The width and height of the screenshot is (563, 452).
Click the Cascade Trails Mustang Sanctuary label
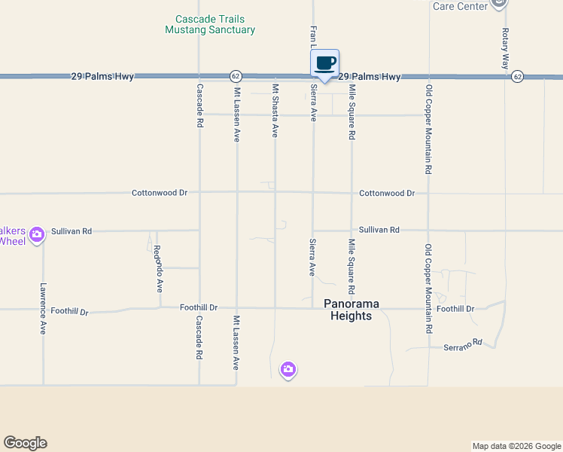tap(210, 24)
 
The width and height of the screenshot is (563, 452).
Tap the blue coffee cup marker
tap(324, 64)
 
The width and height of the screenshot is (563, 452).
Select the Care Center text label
tap(459, 6)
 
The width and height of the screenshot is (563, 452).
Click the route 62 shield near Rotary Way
tap(517, 76)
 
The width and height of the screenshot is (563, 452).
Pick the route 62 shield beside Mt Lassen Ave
tap(236, 76)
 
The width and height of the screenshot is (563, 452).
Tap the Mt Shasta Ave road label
tap(275, 111)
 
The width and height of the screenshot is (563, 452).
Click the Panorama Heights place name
tap(351, 310)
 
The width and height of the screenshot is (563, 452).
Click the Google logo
tap(25, 443)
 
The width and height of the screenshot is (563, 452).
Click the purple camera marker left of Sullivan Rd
tap(37, 235)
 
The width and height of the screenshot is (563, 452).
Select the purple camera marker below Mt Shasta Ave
tap(288, 369)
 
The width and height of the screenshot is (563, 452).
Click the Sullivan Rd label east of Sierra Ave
tap(379, 230)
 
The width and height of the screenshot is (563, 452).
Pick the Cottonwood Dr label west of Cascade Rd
tap(160, 193)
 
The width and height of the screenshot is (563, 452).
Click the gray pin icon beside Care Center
tap(498, 4)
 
